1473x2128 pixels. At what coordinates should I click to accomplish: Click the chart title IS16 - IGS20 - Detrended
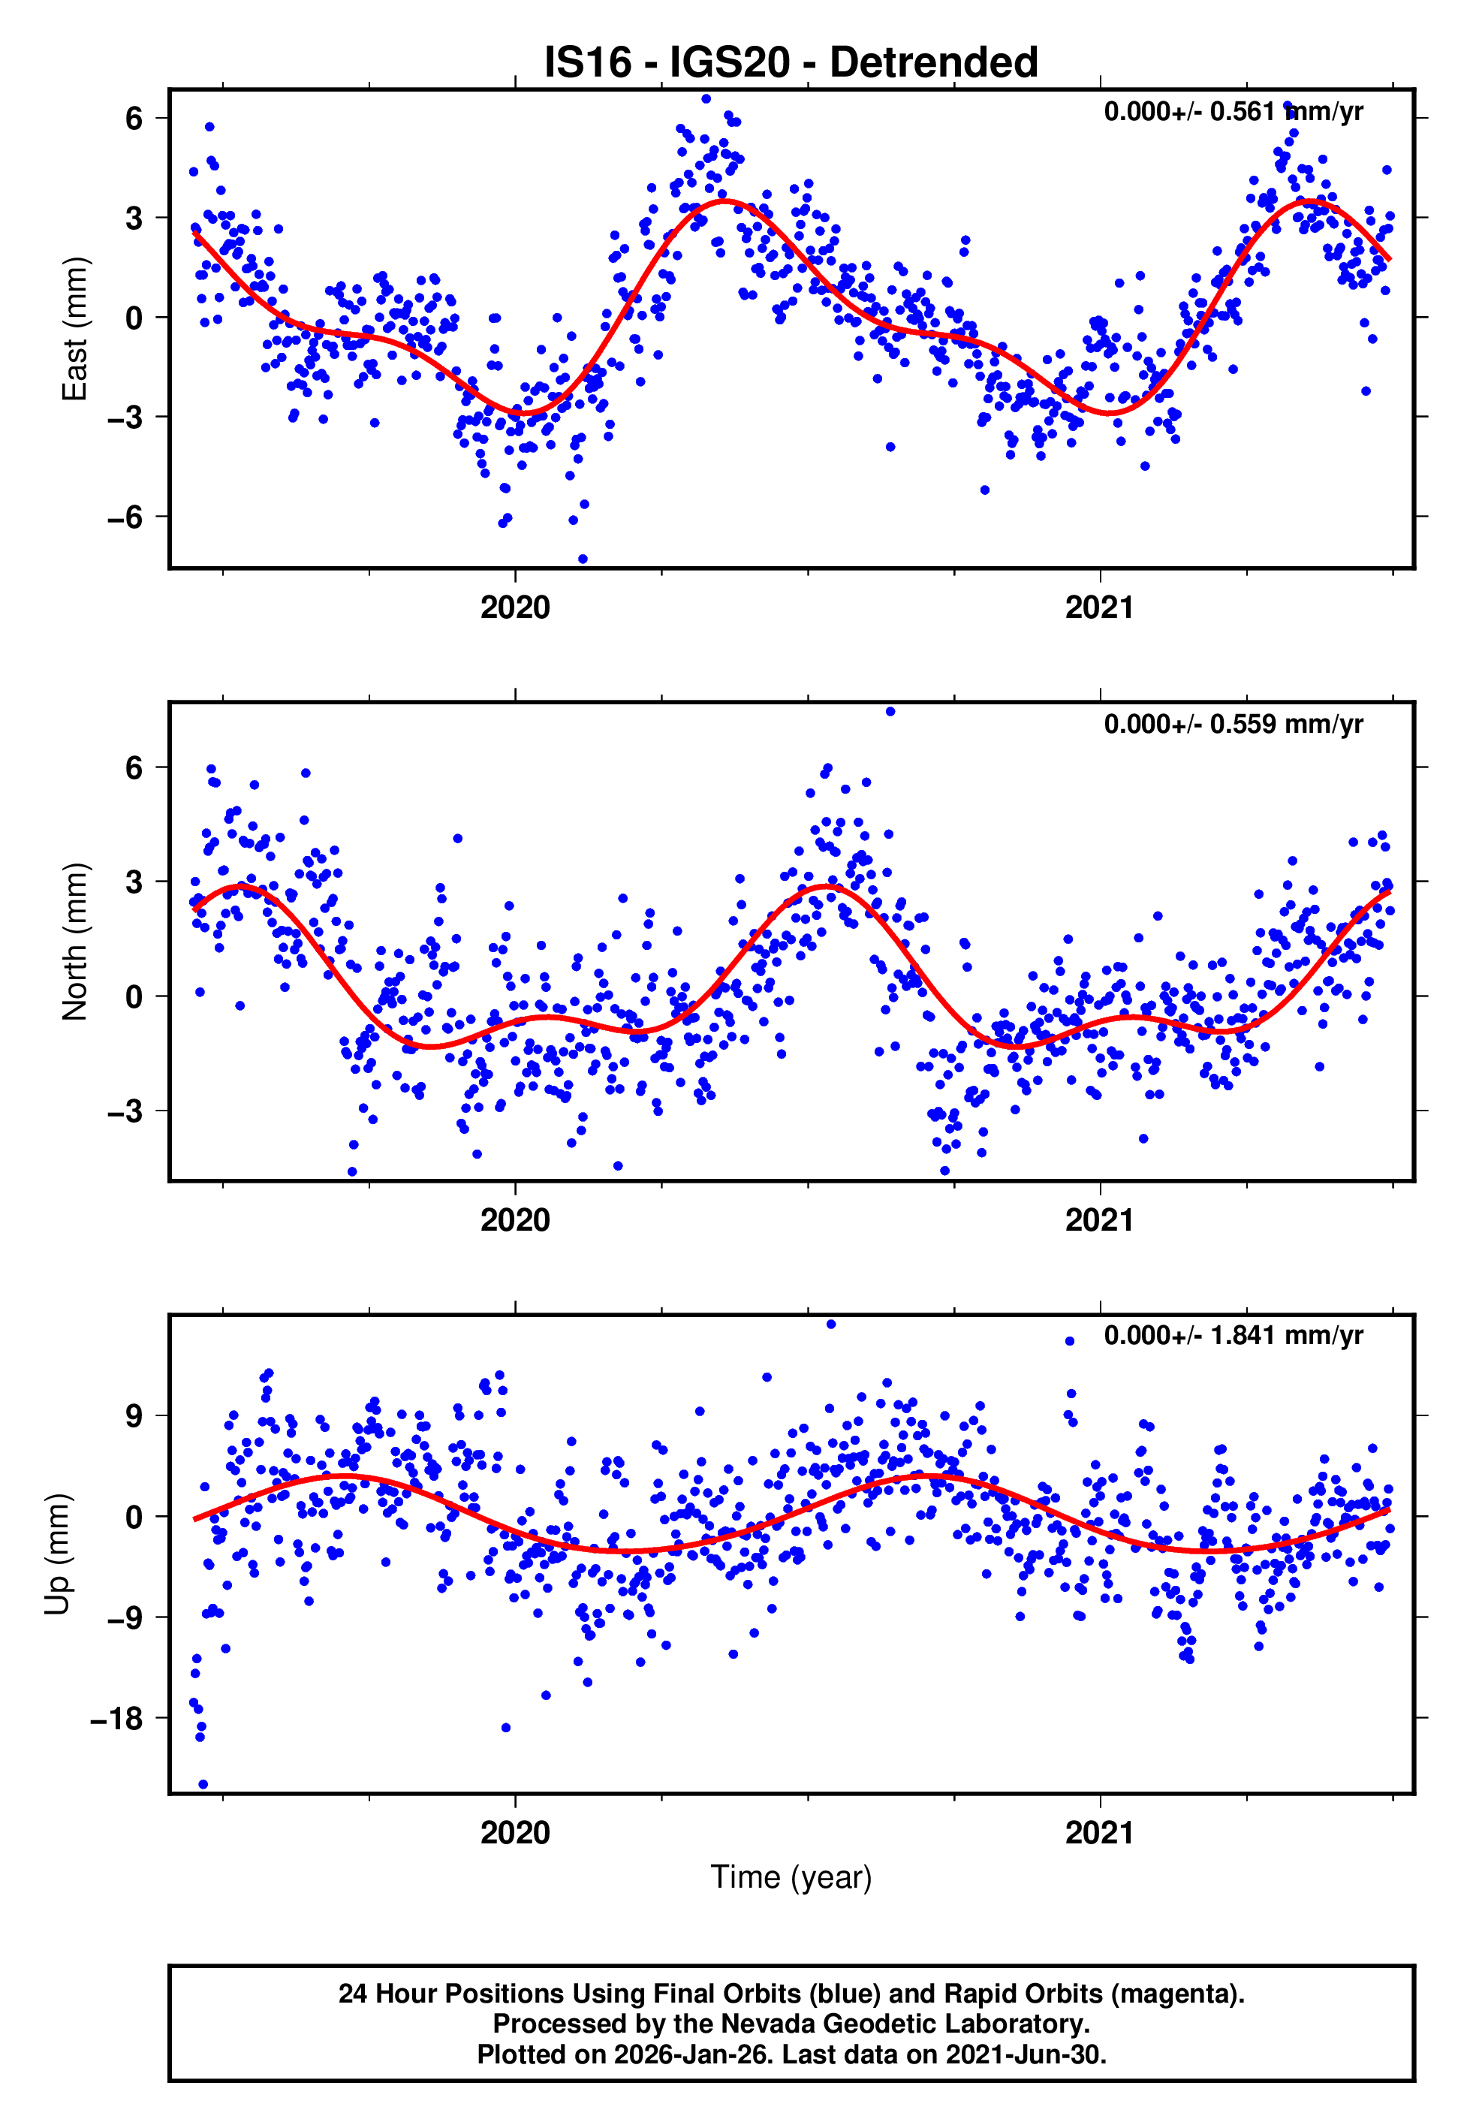pyautogui.click(x=791, y=63)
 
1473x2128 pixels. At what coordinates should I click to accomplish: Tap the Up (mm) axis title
pyautogui.click(x=57, y=1553)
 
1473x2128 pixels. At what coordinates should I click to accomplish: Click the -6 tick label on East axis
pyautogui.click(x=125, y=517)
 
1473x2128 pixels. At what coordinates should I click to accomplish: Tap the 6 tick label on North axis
pyautogui.click(x=134, y=768)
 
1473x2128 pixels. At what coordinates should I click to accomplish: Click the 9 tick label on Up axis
pyautogui.click(x=134, y=1415)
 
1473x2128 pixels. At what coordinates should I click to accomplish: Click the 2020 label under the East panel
pyautogui.click(x=515, y=608)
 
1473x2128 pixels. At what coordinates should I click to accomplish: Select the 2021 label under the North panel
pyautogui.click(x=1099, y=1220)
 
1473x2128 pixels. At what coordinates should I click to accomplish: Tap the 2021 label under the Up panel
pyautogui.click(x=1099, y=1833)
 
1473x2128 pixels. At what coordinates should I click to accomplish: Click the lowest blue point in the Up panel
pyautogui.click(x=203, y=1785)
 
